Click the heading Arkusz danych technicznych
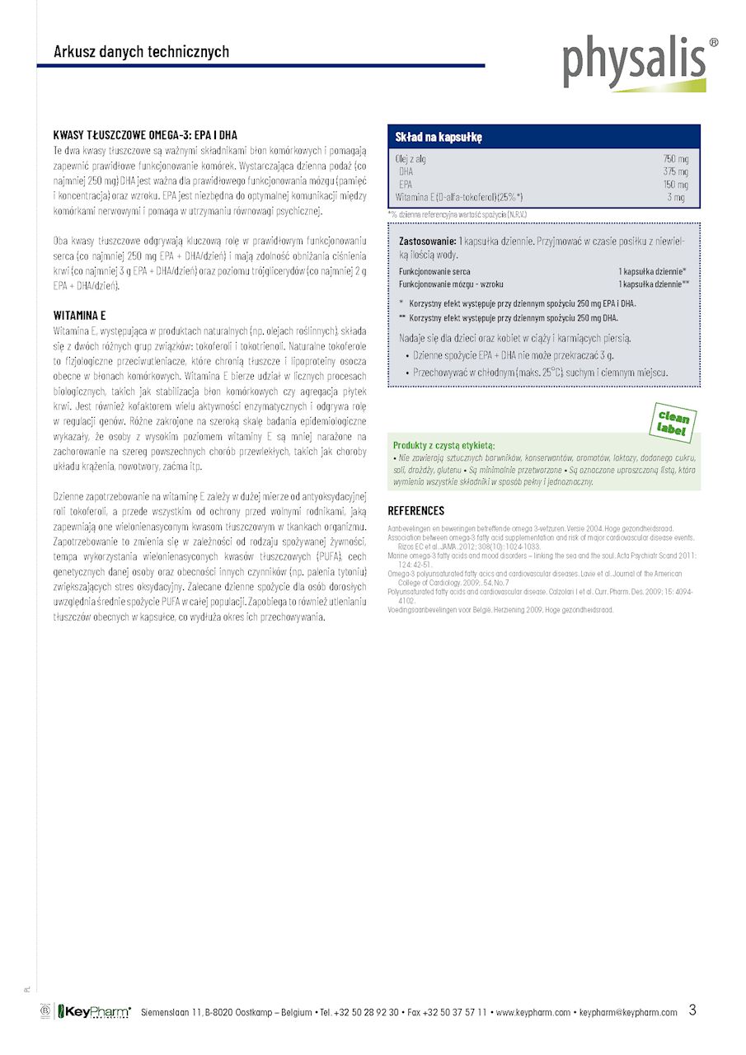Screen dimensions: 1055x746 [142, 52]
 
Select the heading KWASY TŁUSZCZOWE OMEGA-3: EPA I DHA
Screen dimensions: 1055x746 [146, 135]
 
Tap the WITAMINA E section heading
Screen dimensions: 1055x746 [80, 316]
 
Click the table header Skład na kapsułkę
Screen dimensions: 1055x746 [439, 137]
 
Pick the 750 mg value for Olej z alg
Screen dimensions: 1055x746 [675, 158]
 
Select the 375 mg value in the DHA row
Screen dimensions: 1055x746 [675, 171]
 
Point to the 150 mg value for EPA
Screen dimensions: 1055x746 [675, 185]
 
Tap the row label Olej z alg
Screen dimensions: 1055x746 [411, 158]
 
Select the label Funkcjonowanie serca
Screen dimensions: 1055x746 [434, 270]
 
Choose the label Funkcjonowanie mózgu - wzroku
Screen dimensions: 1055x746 [451, 284]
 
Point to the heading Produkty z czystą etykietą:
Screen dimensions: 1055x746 [443, 445]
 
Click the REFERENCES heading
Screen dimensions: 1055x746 [416, 511]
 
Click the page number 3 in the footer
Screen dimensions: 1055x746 [692, 1010]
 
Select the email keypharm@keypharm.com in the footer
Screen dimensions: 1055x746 [628, 1013]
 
